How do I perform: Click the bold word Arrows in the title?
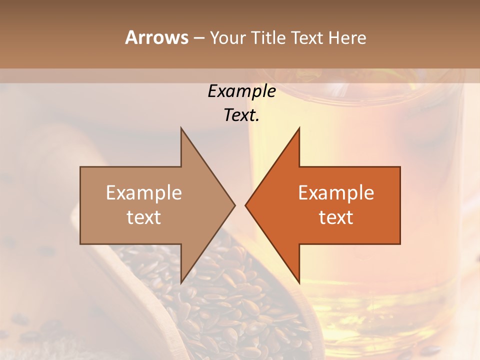click(x=156, y=37)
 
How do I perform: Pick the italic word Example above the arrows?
click(x=242, y=91)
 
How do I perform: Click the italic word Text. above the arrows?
click(x=242, y=115)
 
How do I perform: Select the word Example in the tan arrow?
click(x=144, y=193)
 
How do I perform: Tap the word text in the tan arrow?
click(x=144, y=217)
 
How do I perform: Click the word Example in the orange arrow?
click(x=336, y=193)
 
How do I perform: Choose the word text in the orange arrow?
click(x=336, y=217)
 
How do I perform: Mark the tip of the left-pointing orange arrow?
click(x=246, y=205)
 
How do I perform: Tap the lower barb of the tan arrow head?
click(x=181, y=281)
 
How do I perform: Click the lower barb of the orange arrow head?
click(x=298, y=281)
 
